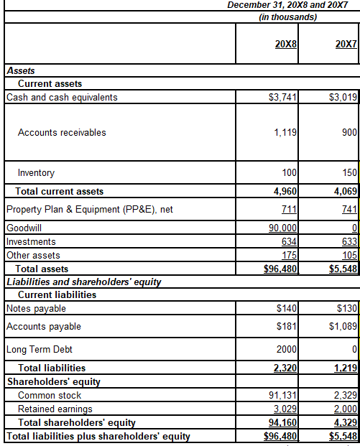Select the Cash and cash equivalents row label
(x=62, y=97)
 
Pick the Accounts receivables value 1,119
(x=287, y=132)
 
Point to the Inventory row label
(x=36, y=173)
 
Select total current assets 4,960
(x=286, y=191)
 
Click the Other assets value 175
(x=290, y=255)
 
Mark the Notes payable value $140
(x=287, y=309)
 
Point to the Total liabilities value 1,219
(x=345, y=368)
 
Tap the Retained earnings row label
(x=55, y=409)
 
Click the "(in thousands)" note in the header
(x=287, y=17)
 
